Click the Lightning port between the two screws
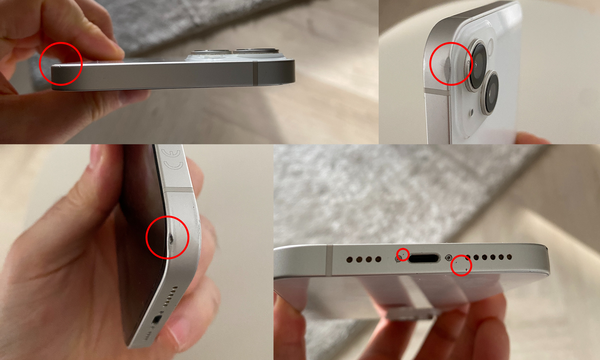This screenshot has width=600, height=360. [x=424, y=258]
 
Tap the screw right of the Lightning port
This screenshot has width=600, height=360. [x=449, y=258]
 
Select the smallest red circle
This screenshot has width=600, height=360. [x=403, y=255]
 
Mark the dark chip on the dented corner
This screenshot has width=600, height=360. [x=171, y=238]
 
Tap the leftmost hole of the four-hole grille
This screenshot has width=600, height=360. [x=350, y=259]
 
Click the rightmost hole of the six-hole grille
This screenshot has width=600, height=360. [x=509, y=257]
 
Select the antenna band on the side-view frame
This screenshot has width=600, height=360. [x=255, y=73]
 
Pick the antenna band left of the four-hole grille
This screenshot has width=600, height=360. [x=329, y=260]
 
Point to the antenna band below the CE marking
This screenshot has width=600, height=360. [x=178, y=190]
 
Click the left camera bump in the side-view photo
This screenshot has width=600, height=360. [x=212, y=52]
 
